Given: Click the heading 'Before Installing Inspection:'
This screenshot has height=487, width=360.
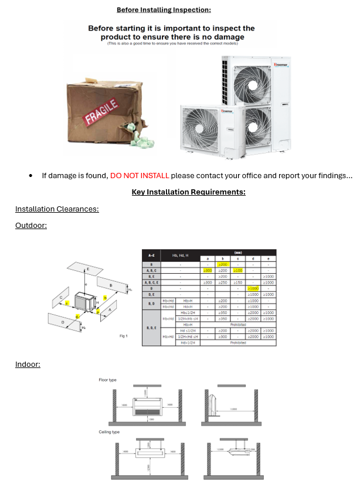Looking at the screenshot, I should pyautogui.click(x=164, y=9).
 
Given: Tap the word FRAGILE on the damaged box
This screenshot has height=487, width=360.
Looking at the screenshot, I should pyautogui.click(x=102, y=111).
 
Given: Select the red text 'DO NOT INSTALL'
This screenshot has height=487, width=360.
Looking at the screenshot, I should pyautogui.click(x=140, y=175).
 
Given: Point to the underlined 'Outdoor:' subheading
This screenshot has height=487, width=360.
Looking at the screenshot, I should pyautogui.click(x=31, y=226).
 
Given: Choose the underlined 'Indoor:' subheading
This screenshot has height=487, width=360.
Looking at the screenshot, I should pyautogui.click(x=28, y=365).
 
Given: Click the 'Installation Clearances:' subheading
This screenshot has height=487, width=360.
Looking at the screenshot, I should pyautogui.click(x=57, y=209).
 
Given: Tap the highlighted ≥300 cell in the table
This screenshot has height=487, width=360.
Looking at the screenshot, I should pyautogui.click(x=208, y=270).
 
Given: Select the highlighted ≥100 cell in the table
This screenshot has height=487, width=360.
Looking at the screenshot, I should pyautogui.click(x=237, y=270).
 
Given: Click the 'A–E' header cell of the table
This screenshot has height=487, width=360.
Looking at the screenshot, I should pyautogui.click(x=151, y=256).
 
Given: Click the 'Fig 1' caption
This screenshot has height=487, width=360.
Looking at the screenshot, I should pyautogui.click(x=123, y=336).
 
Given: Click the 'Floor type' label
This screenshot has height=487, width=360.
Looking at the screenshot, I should pyautogui.click(x=107, y=380).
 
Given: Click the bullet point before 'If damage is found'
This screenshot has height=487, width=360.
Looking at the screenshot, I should pyautogui.click(x=30, y=176).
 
